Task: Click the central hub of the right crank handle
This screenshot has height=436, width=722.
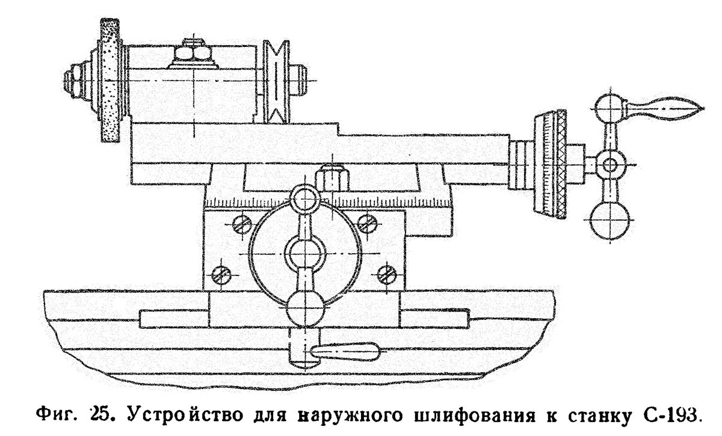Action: tap(609, 164)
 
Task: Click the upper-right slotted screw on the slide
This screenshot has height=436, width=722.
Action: tap(366, 223)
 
